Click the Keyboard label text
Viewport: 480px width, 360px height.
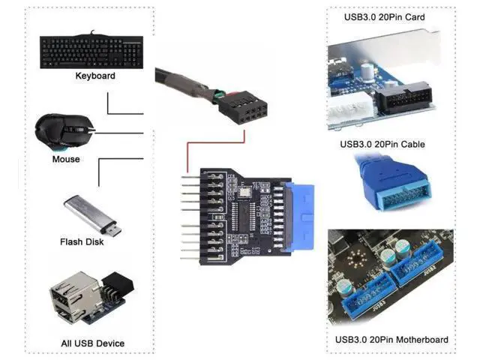tap(95, 76)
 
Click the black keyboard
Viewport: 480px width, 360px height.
tap(91, 52)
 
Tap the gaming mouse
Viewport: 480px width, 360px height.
tap(64, 132)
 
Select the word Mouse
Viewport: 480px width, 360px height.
tap(66, 159)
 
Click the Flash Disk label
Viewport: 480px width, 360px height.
tap(82, 241)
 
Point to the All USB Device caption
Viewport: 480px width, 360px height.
tap(92, 343)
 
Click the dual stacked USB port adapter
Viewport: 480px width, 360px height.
tap(91, 297)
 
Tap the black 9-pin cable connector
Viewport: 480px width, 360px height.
tap(243, 106)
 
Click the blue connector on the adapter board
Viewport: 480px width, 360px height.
tap(298, 217)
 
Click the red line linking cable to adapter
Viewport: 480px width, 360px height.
tap(216, 142)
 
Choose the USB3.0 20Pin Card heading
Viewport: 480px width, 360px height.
tap(385, 17)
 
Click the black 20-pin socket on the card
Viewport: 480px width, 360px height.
tap(403, 98)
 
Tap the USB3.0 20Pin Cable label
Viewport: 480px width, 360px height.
tap(382, 144)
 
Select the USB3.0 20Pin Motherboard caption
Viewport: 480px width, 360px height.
tap(391, 340)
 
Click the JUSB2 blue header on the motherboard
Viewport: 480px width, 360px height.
tap(418, 264)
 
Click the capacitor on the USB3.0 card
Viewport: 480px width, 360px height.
tap(367, 72)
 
